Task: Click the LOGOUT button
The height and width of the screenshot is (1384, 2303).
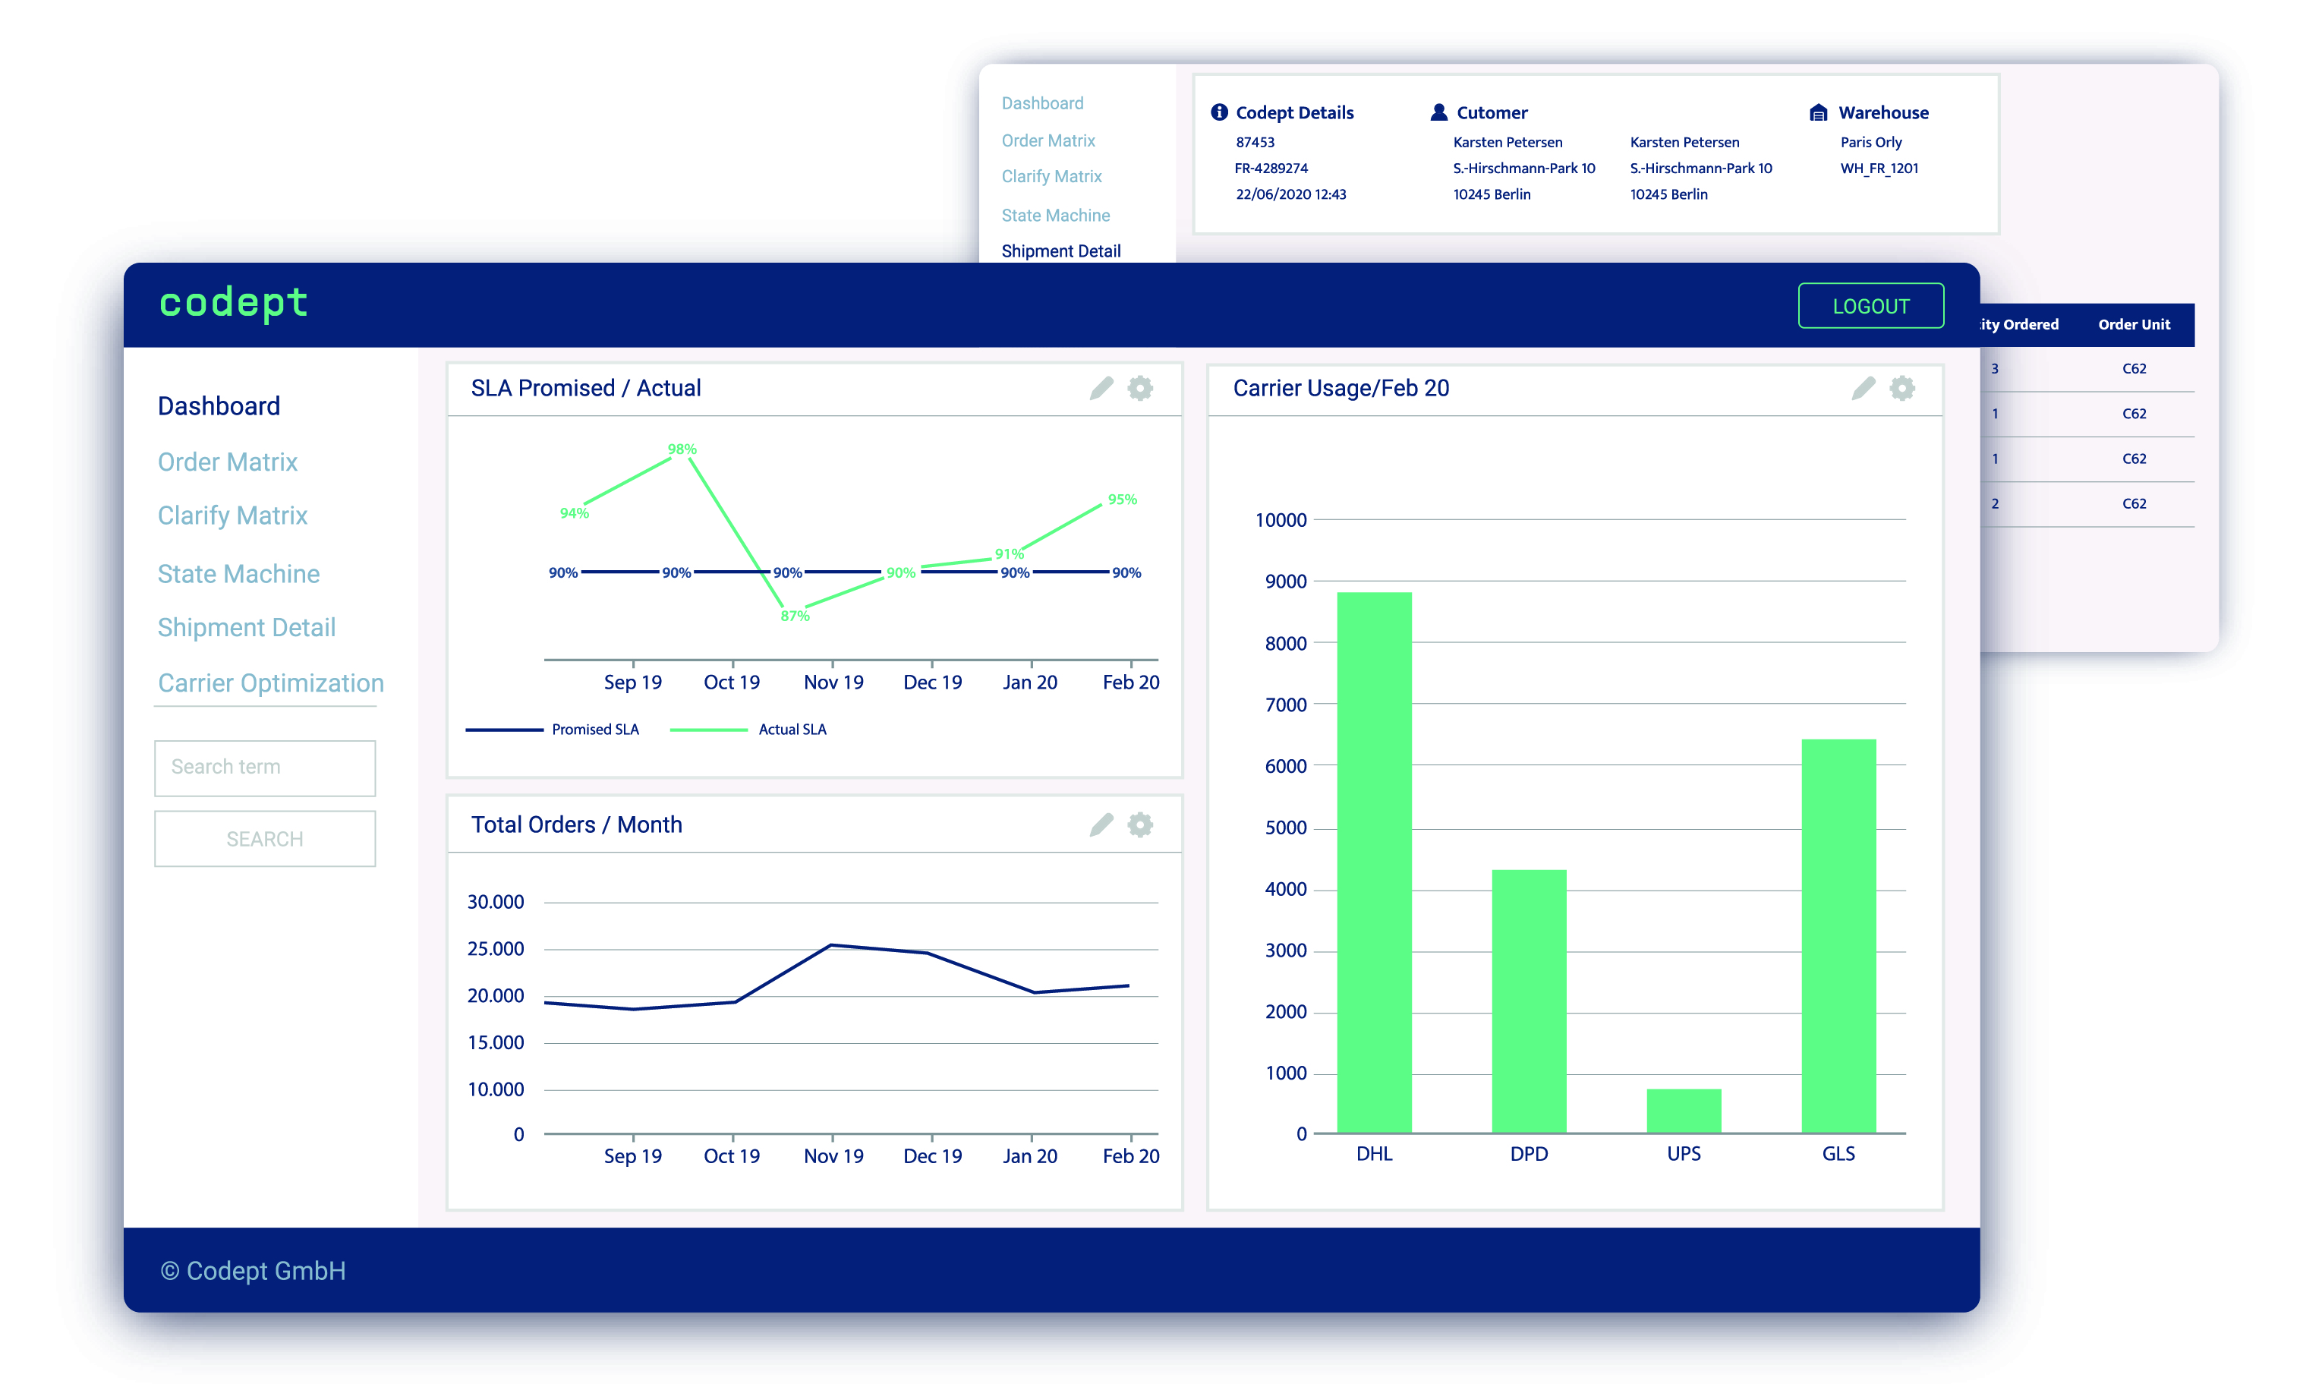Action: click(1870, 306)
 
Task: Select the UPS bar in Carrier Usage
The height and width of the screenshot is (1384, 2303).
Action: click(1683, 1111)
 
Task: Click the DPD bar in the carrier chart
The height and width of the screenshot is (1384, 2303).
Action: click(1528, 1001)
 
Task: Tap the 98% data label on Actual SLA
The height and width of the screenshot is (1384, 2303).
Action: click(682, 449)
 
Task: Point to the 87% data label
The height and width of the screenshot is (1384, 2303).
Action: click(795, 616)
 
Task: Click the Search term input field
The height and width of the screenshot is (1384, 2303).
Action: click(265, 768)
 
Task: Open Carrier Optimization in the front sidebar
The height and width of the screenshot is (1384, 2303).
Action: click(270, 683)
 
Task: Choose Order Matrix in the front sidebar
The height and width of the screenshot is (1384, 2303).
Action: click(228, 462)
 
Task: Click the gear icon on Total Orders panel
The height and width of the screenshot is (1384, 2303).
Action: click(1139, 824)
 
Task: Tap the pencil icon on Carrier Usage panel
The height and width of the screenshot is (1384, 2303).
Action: click(1862, 388)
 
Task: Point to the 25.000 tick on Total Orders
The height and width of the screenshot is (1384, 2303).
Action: click(495, 948)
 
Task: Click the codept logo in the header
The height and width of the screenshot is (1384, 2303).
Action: click(233, 303)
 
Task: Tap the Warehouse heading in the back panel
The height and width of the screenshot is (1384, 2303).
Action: click(1882, 113)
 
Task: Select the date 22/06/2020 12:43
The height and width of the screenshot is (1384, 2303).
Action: click(1290, 194)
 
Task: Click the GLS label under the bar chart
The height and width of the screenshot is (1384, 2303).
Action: click(1838, 1154)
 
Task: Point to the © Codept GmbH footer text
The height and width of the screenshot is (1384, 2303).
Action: click(253, 1270)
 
